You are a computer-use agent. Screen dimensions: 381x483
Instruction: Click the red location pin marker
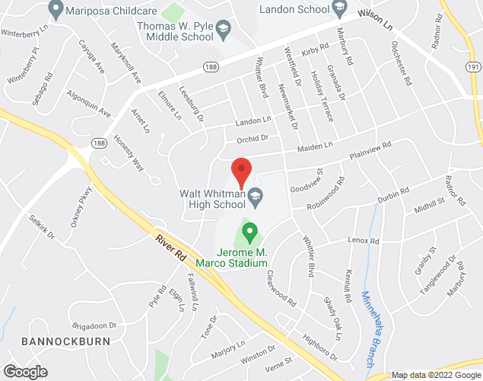pyautogui.click(x=241, y=172)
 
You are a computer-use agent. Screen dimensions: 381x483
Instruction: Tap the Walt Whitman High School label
pyautogui.click(x=212, y=200)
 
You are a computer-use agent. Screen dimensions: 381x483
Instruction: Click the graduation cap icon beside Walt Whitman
pyautogui.click(x=256, y=196)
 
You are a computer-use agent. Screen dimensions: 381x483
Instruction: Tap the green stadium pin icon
pyautogui.click(x=249, y=229)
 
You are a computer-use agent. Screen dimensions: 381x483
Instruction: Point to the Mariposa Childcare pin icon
pyautogui.click(x=55, y=10)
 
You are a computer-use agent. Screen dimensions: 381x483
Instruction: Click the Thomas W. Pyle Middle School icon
pyautogui.click(x=223, y=30)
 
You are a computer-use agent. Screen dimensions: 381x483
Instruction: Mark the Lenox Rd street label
pyautogui.click(x=363, y=242)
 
